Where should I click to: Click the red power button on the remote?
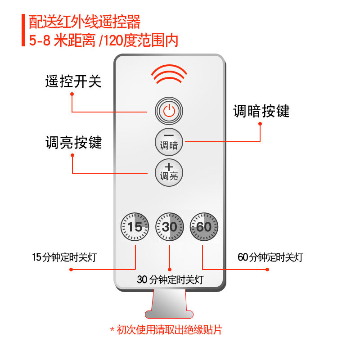click(x=169, y=110)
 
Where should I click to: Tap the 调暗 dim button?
click(x=169, y=141)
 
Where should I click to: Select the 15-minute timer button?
click(x=135, y=226)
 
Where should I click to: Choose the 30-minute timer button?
click(x=169, y=226)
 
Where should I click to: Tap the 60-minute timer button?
click(x=203, y=226)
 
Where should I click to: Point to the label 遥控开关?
click(x=73, y=81)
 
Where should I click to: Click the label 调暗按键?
click(x=261, y=111)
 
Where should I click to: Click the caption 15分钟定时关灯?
click(x=64, y=258)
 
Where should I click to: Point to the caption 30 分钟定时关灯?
click(x=170, y=279)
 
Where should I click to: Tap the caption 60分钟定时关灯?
click(x=270, y=258)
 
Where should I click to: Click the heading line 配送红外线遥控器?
click(x=85, y=21)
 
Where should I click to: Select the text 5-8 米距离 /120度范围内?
click(x=103, y=40)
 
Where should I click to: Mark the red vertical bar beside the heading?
click(x=22, y=31)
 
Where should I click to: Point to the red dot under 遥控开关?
click(x=72, y=94)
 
